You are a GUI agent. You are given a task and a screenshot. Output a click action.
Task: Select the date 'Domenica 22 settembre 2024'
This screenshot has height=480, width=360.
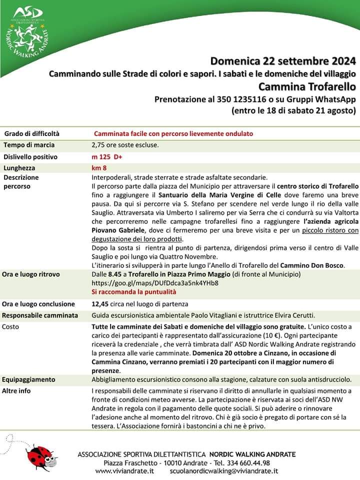pyautogui.click(x=283, y=62)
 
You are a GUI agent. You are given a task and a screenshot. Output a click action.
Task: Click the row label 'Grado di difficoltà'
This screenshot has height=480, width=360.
pyautogui.click(x=32, y=134)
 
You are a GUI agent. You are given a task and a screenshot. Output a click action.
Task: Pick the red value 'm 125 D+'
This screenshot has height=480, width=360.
pyautogui.click(x=107, y=157)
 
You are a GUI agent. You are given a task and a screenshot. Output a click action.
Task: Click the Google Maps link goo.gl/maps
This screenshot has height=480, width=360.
pyautogui.click(x=155, y=282)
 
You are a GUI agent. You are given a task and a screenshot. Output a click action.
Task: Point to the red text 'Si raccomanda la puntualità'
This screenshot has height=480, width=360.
pyautogui.click(x=134, y=291)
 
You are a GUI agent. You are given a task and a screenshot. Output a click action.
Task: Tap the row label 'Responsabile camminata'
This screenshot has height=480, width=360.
pyautogui.click(x=40, y=315)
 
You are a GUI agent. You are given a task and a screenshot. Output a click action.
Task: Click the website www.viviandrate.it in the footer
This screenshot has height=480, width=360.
pyautogui.click(x=124, y=471)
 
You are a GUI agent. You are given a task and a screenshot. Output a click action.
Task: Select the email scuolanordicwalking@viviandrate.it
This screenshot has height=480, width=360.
pyautogui.click(x=224, y=471)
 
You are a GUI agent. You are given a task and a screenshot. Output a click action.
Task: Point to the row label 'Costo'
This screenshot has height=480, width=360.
pyautogui.click(x=11, y=326)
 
